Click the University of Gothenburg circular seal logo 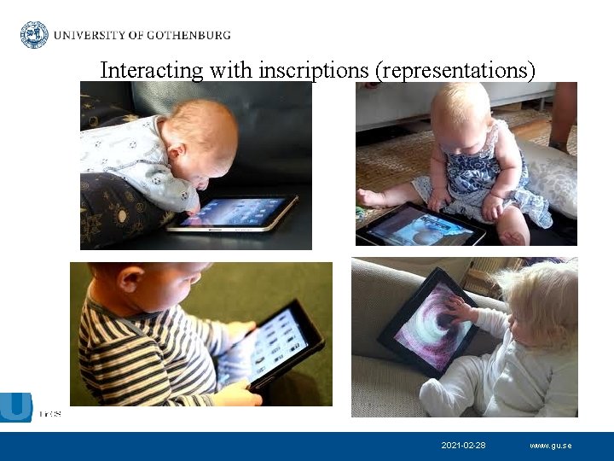pos(34,35)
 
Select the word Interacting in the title pos(150,70)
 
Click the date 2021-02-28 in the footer pos(463,446)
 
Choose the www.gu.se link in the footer pos(550,446)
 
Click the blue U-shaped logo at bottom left pos(16,406)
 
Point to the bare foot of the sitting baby pos(370,198)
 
